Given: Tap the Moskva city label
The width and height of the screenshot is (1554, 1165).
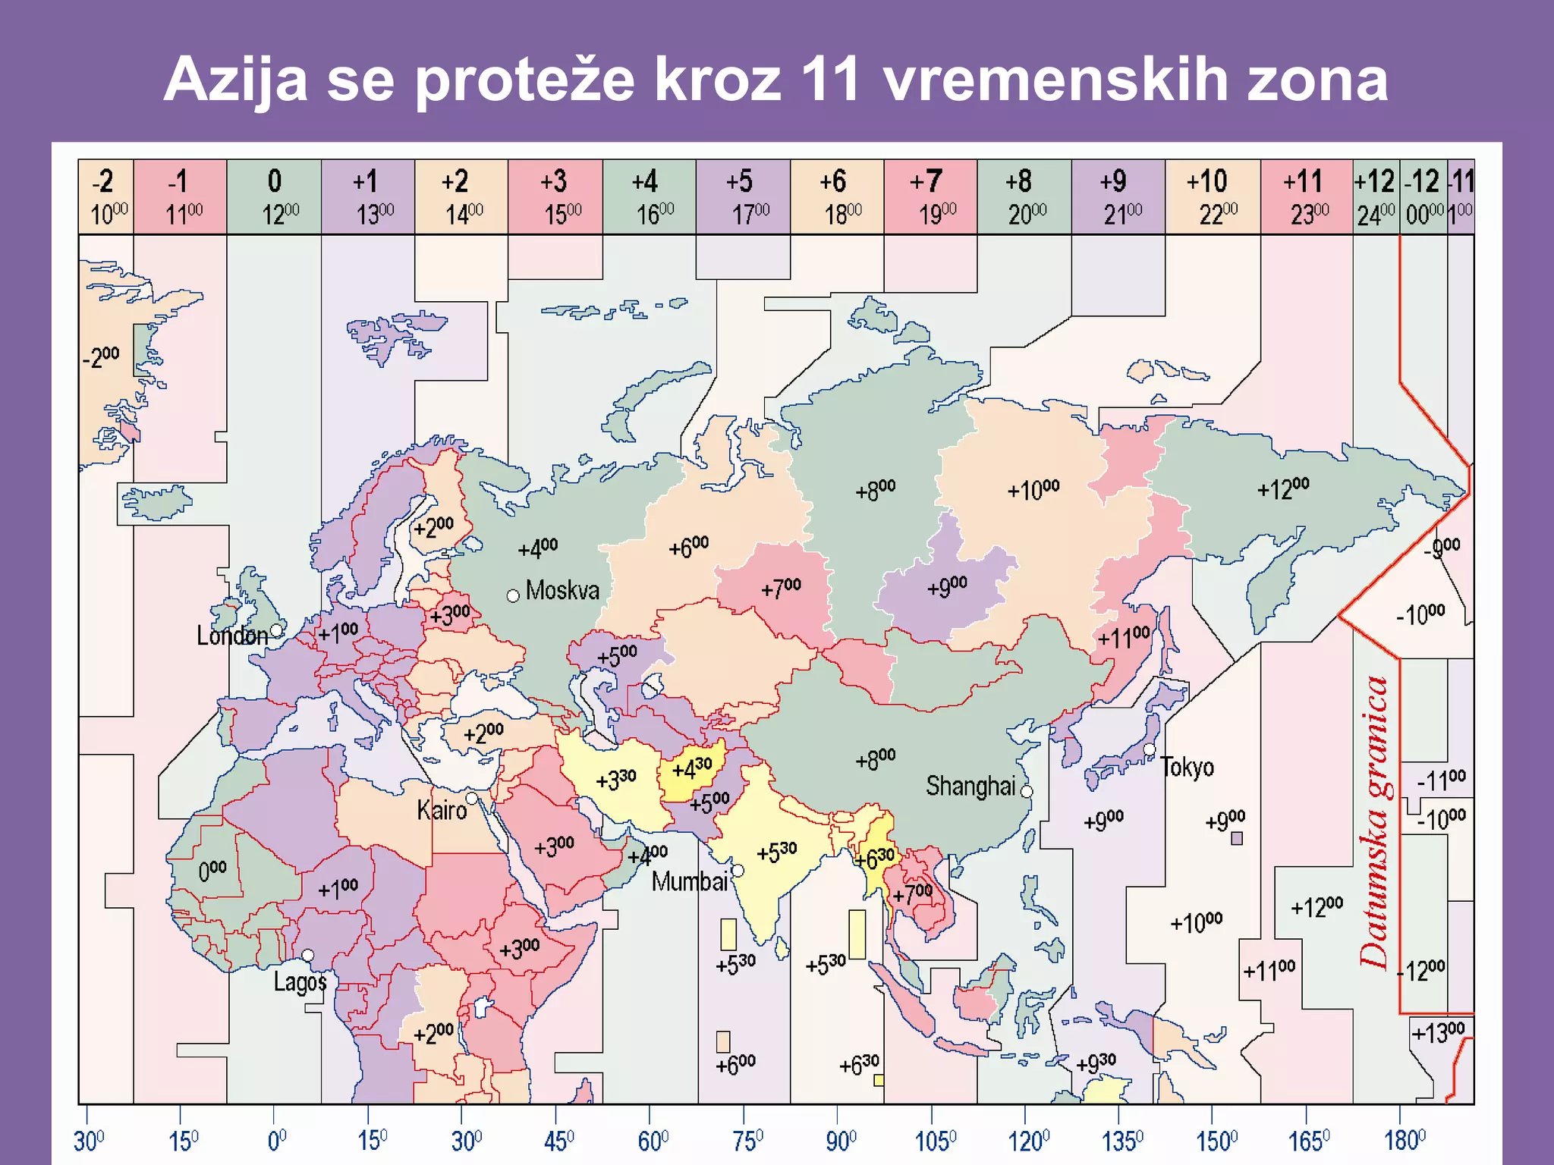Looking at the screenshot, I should [x=562, y=590].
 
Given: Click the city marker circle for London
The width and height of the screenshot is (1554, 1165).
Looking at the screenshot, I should [x=276, y=630].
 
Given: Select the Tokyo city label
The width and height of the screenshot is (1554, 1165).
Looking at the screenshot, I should [x=1188, y=767].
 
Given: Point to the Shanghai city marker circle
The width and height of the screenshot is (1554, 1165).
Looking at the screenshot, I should [x=1027, y=791].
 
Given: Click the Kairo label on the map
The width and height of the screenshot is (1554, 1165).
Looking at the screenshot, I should [x=442, y=810].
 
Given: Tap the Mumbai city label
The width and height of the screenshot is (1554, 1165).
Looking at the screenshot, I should [x=690, y=881].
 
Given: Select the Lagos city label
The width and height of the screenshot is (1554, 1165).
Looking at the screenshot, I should [x=300, y=982].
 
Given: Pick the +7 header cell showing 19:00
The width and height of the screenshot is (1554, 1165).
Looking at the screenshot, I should [x=930, y=196].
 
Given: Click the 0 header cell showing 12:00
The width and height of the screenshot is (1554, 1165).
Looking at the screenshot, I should [x=274, y=196].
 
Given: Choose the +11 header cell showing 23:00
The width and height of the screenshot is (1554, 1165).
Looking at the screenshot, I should [x=1306, y=196].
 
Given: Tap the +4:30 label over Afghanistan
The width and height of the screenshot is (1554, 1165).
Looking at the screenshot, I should [x=691, y=769].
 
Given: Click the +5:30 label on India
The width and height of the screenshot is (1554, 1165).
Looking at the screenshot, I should [x=777, y=853].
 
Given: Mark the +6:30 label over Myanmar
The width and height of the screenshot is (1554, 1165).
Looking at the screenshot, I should [x=874, y=859].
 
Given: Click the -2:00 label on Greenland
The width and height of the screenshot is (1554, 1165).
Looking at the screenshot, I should [x=101, y=356].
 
